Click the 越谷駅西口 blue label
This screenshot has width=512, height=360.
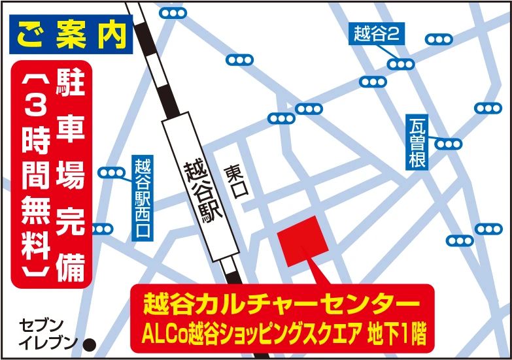click(x=143, y=200)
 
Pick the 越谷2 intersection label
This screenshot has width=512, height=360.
click(x=375, y=33)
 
